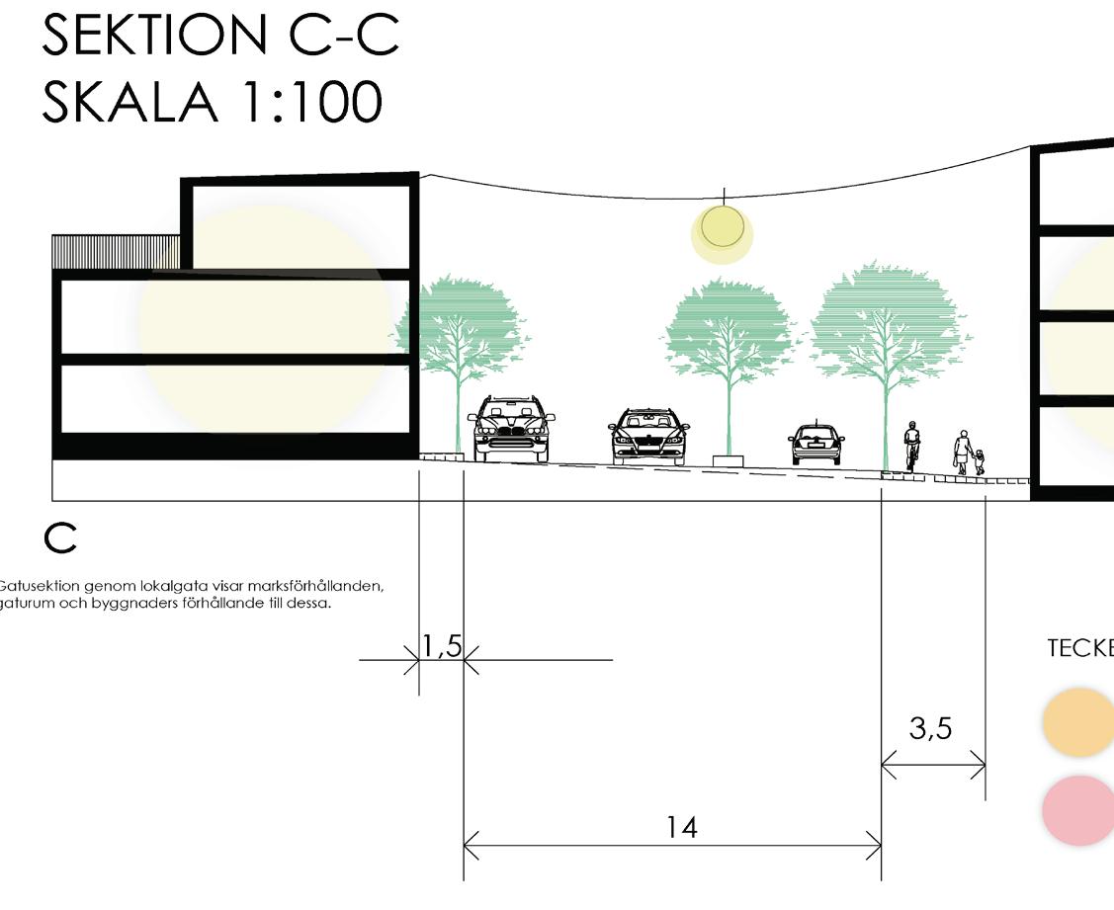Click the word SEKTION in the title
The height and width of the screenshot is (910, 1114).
152,37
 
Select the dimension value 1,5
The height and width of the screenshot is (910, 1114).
441,646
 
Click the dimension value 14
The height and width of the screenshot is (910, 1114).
681,827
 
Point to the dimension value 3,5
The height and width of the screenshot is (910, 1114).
930,728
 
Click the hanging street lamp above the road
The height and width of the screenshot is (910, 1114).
723,228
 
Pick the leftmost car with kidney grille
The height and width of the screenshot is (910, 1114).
510,429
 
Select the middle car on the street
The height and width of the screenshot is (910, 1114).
648,436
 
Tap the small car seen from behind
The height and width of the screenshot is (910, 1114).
816,445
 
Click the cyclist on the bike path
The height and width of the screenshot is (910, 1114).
911,446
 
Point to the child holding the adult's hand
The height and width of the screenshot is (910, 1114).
979,461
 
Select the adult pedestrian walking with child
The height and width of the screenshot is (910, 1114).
961,453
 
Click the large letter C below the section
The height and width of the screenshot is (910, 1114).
60,538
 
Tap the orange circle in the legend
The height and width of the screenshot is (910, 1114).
1078,722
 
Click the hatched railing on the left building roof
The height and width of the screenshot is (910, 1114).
116,251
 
